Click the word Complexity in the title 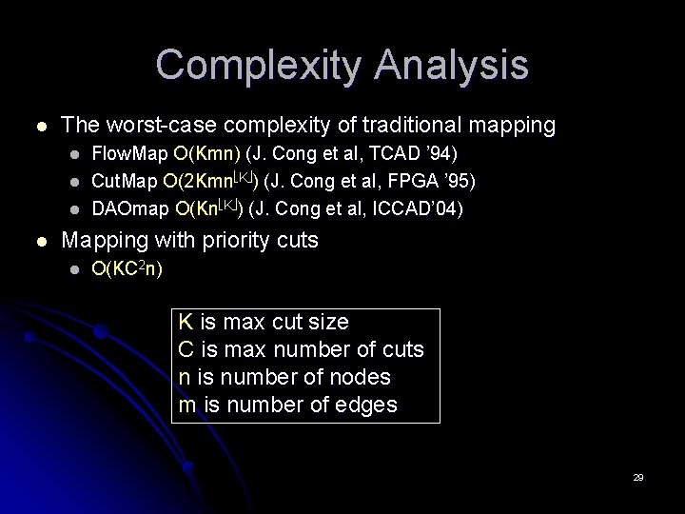click(x=259, y=66)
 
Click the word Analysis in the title click(x=451, y=66)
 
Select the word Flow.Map click(x=129, y=153)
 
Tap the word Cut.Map click(x=127, y=181)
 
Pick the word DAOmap click(x=131, y=208)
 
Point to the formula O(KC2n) click(x=127, y=269)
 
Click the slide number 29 click(x=638, y=477)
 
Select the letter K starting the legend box click(x=186, y=322)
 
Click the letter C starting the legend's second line click(x=186, y=349)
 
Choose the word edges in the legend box click(x=365, y=405)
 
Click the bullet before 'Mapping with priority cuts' click(x=38, y=241)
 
